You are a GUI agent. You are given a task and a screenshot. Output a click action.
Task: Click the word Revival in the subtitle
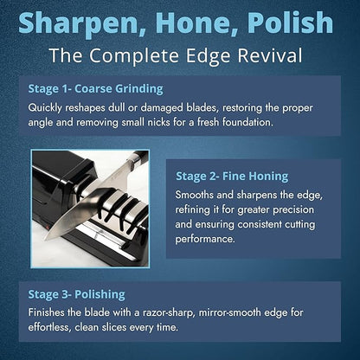tap(270, 55)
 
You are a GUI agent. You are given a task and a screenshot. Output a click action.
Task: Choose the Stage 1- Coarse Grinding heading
tap(95, 89)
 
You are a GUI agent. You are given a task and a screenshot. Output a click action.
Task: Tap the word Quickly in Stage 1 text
tap(45, 108)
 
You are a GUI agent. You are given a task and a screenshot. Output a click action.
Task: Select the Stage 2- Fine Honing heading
tap(232, 176)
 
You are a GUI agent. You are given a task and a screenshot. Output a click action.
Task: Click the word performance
tap(205, 240)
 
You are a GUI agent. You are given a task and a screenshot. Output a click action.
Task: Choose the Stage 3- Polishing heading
tap(76, 294)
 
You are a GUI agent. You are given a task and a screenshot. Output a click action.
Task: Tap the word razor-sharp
tap(168, 312)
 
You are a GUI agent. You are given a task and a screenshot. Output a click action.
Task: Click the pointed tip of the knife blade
tap(46, 240)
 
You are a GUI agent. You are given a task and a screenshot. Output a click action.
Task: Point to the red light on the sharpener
tap(47, 228)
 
